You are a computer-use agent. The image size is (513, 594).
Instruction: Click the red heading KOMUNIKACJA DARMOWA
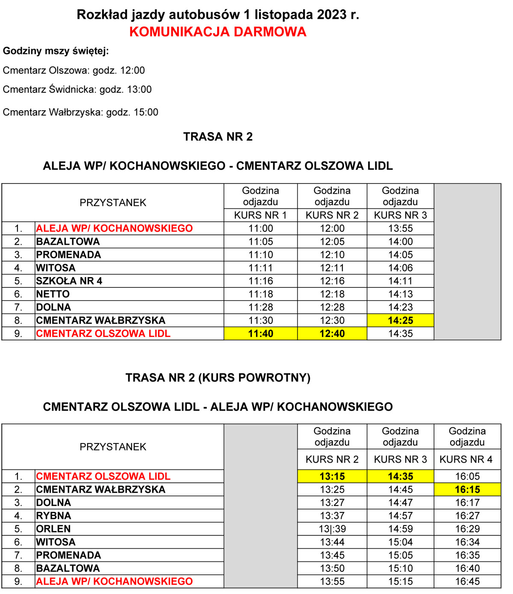pyautogui.click(x=218, y=32)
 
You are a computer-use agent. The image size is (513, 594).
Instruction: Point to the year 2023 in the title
pyautogui.click(x=331, y=15)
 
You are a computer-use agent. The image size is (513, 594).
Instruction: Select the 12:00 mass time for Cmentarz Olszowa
pyautogui.click(x=133, y=70)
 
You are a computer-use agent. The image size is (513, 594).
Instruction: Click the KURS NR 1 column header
pyautogui.click(x=260, y=215)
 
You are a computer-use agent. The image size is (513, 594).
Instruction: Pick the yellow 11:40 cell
pyautogui.click(x=261, y=334)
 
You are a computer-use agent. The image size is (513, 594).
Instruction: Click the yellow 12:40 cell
pyautogui.click(x=332, y=334)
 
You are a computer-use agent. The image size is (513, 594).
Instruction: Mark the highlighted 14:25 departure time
pyautogui.click(x=401, y=320)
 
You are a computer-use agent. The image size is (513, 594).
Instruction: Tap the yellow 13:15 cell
pyautogui.click(x=332, y=476)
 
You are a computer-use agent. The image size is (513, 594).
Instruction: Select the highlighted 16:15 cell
pyautogui.click(x=467, y=490)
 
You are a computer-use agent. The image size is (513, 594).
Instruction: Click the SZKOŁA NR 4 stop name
pyautogui.click(x=69, y=281)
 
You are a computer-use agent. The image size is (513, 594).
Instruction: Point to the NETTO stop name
pyautogui.click(x=53, y=294)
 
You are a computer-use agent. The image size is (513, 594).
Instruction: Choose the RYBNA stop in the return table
pyautogui.click(x=54, y=516)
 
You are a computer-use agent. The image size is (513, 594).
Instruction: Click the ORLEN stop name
pyautogui.click(x=53, y=529)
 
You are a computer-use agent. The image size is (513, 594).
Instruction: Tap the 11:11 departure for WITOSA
pyautogui.click(x=261, y=268)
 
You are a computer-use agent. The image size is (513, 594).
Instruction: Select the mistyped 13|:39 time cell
pyautogui.click(x=332, y=529)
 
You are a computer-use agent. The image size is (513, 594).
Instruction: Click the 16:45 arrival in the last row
pyautogui.click(x=467, y=582)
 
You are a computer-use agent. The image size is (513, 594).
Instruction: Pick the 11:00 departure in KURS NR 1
pyautogui.click(x=261, y=228)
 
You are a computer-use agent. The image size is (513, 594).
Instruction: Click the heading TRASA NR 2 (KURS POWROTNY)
pyautogui.click(x=218, y=378)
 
